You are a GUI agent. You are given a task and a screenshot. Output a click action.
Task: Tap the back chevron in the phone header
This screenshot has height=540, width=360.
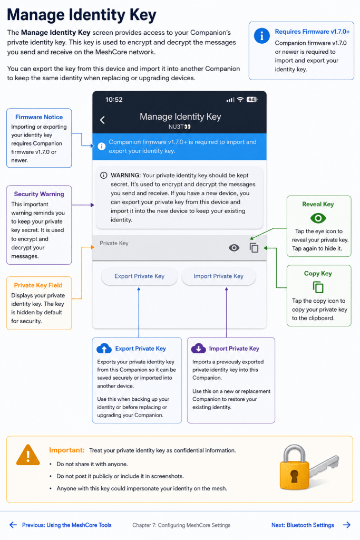(102, 120)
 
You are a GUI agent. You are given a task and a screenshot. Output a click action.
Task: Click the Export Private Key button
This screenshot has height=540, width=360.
(139, 276)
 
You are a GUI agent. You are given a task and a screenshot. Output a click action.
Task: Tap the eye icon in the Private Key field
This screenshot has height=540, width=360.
(234, 248)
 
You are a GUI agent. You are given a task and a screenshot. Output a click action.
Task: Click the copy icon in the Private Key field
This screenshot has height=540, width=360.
(254, 248)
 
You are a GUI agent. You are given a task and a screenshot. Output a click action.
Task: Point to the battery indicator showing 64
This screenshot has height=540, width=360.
(252, 100)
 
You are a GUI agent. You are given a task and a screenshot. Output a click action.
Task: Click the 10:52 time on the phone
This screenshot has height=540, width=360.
(114, 100)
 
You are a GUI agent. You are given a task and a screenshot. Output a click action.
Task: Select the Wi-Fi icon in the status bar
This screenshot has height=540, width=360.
(240, 100)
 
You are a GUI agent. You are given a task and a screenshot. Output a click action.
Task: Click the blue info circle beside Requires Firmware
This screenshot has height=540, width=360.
(261, 35)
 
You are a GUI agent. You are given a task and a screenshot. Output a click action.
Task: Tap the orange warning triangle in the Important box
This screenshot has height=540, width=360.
(28, 455)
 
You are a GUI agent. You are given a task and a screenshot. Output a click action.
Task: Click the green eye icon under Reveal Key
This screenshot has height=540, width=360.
(318, 218)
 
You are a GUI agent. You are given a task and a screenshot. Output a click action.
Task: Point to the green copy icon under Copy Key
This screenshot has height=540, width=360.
(318, 287)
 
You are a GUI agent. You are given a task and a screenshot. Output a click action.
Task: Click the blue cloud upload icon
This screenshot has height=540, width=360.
(104, 348)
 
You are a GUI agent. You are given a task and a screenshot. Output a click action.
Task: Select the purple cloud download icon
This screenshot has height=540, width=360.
(199, 348)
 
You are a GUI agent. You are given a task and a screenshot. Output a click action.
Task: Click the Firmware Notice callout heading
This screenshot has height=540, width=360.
(39, 117)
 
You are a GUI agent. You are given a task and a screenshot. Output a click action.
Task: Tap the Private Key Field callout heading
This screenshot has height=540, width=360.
(38, 285)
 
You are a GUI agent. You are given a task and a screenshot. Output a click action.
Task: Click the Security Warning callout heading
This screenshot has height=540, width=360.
(39, 194)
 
